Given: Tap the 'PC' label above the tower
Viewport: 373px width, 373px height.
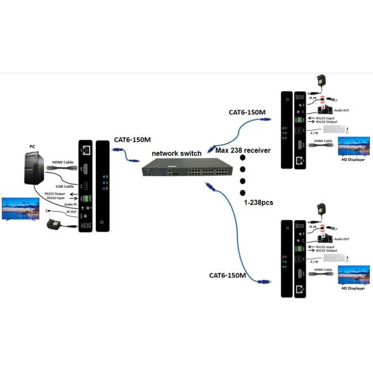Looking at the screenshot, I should (32, 147).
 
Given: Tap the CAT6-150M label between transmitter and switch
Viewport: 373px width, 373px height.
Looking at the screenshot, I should (132, 140).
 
